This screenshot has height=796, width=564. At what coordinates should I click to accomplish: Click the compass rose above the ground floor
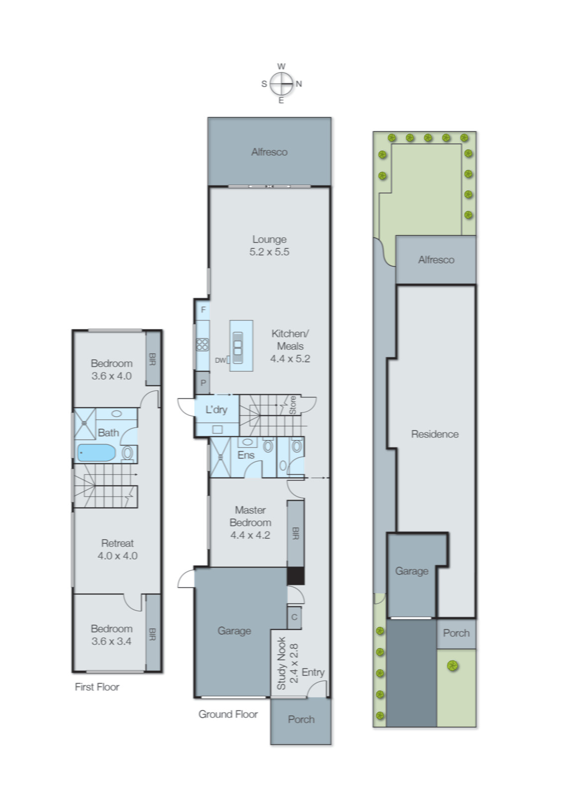[281, 84]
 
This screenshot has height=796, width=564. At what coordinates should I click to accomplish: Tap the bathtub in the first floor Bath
[97, 453]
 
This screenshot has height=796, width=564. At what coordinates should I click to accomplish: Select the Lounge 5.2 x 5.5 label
[269, 246]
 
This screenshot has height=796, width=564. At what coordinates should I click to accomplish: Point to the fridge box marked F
[203, 309]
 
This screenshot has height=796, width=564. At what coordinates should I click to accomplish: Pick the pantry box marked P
[203, 383]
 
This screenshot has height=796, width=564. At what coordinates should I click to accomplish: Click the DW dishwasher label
[220, 360]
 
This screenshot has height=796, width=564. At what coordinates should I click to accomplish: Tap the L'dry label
[216, 410]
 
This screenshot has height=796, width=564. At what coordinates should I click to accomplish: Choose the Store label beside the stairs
[293, 405]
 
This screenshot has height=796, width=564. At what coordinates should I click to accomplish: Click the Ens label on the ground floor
[246, 455]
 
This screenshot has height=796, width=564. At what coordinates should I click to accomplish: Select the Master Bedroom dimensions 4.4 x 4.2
[250, 535]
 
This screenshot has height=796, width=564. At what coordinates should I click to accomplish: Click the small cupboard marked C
[295, 617]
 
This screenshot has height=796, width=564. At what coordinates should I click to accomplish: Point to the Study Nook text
[281, 663]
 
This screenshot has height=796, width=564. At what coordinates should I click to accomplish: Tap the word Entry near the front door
[313, 672]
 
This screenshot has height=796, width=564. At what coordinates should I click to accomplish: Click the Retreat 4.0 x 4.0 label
[117, 549]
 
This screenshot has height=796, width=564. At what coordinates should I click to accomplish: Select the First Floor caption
[97, 687]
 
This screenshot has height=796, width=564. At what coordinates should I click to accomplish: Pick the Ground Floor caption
[228, 714]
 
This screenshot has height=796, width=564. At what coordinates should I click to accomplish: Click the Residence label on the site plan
[435, 434]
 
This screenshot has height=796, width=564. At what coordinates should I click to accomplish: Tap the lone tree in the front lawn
[452, 666]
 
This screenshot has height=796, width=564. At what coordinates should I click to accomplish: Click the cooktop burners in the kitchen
[202, 344]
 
